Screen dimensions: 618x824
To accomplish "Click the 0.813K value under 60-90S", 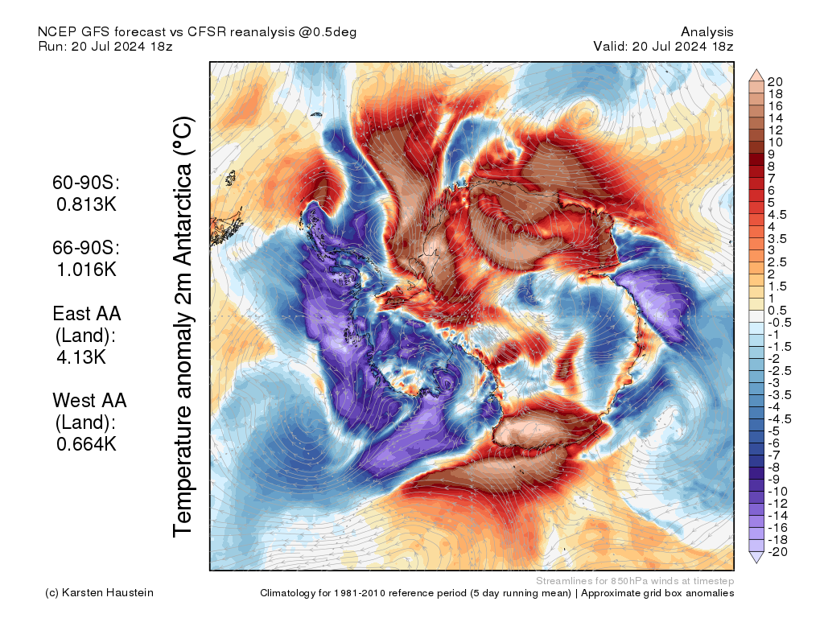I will (86, 204).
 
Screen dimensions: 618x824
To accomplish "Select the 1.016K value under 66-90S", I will (86, 269).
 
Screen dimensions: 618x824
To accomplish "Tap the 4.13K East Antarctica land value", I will (80, 356).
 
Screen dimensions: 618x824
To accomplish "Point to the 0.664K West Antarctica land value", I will (86, 443).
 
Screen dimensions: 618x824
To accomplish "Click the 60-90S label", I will (85, 183).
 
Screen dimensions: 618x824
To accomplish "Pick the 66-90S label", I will (85, 248).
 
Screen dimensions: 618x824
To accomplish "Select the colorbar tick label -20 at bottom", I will (778, 551).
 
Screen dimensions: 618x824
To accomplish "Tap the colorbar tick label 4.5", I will (777, 214).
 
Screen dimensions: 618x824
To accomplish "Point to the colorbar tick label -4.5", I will (780, 418).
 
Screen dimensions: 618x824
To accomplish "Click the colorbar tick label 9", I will (772, 154).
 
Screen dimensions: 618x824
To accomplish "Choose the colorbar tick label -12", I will (778, 503).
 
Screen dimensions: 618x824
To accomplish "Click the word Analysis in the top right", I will (707, 31).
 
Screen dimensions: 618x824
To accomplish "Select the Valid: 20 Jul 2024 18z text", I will (663, 46).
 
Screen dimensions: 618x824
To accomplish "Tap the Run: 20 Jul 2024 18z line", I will (105, 46).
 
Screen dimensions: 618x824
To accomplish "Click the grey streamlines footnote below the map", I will (634, 580).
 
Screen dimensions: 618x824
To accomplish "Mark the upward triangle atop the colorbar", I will (756, 75).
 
